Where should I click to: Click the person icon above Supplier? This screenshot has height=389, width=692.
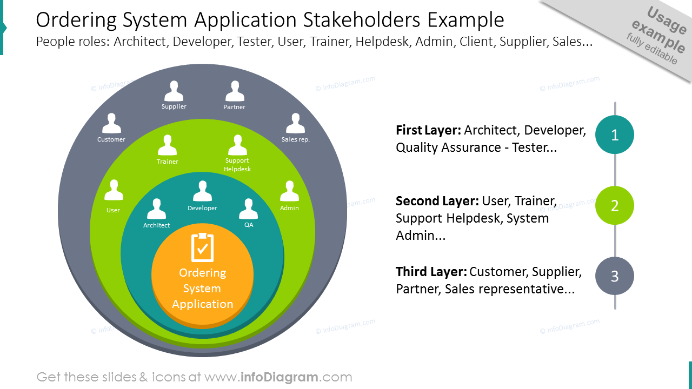coord(174,91)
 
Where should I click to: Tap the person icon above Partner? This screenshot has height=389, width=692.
coord(235,91)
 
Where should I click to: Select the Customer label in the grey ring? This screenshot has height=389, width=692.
coord(111,139)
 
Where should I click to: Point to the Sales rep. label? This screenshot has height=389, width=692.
coord(295,139)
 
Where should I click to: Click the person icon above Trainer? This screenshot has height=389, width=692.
coord(168,145)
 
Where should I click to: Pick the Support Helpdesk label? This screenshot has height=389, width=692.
coord(237,165)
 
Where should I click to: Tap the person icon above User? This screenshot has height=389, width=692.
coord(114,190)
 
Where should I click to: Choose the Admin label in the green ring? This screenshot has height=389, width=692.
coord(289,208)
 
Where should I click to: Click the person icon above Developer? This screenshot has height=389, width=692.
coord(202,191)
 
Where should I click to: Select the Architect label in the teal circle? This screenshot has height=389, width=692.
coord(156,225)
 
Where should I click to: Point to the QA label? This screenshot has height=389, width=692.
coord(249,225)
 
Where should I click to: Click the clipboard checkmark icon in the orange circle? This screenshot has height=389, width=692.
coord(202,247)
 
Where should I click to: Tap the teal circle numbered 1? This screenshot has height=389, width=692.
coord(615,135)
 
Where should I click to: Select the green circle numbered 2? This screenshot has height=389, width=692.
coord(615,205)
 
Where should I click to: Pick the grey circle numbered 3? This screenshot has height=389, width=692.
coord(615,276)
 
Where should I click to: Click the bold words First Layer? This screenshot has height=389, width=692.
coord(429,130)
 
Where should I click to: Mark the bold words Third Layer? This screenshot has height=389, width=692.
coord(431,272)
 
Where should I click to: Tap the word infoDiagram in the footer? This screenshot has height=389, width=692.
coord(280,377)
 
